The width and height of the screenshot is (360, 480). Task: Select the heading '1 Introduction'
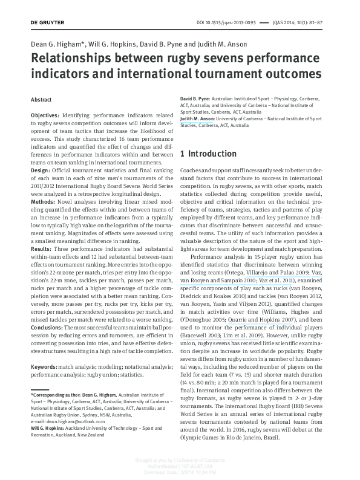[x=209, y=154]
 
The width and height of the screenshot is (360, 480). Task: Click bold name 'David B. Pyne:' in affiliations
[x=195, y=98]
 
